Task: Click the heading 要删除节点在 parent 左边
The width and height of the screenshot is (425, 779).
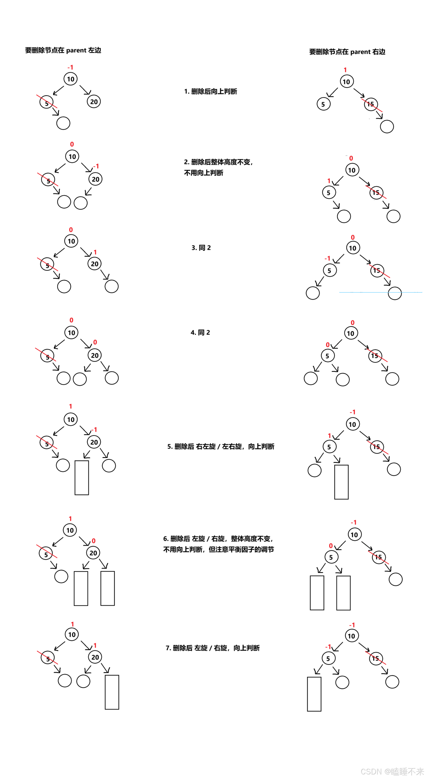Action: [x=63, y=50]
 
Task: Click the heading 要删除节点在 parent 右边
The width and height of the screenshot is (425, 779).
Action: [x=347, y=52]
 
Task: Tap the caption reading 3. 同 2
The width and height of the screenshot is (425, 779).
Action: [x=201, y=248]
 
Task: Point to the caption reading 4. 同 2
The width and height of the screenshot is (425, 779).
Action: [x=200, y=332]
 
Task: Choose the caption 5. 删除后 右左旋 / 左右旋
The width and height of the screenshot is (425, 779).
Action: [x=221, y=446]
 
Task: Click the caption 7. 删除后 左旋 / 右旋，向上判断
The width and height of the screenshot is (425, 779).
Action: [x=213, y=648]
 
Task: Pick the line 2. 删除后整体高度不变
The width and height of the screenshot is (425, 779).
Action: [x=218, y=162]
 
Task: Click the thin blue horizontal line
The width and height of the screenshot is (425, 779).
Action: [x=381, y=292]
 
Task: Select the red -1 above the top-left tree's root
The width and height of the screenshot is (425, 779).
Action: [x=70, y=67]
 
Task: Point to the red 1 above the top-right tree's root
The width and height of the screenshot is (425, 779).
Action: [x=345, y=70]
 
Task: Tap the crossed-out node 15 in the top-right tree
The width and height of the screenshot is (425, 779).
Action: [x=371, y=104]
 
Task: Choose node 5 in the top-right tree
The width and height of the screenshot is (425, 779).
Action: [x=324, y=104]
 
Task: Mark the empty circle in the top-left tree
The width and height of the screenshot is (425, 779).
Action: [x=63, y=123]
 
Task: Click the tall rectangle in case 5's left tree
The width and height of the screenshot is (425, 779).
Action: [x=82, y=478]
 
